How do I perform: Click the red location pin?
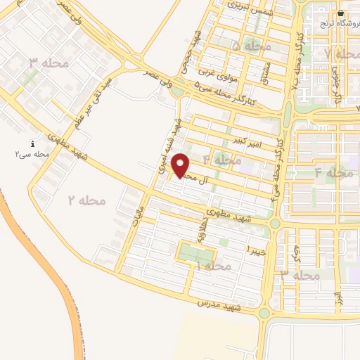[x=182, y=166]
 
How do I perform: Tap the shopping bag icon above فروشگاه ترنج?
[x=340, y=13]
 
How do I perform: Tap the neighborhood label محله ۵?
[x=251, y=46]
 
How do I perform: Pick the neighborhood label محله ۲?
[x=86, y=200]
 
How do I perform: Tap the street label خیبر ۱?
[x=255, y=250]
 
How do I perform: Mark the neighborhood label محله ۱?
[x=212, y=266]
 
